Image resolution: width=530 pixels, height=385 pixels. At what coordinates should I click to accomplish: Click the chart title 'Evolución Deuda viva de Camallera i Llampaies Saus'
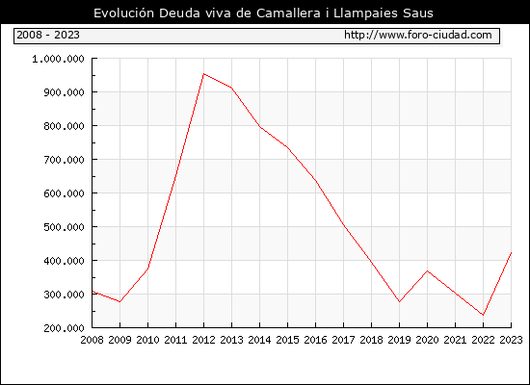point(263,13)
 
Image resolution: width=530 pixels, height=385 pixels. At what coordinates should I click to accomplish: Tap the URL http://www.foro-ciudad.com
point(418,35)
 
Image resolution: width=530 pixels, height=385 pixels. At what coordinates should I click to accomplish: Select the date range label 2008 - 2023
point(48,35)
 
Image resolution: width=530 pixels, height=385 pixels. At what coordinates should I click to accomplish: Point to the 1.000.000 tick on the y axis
point(58,59)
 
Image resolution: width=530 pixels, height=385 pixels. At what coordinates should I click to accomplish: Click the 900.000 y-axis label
point(64,92)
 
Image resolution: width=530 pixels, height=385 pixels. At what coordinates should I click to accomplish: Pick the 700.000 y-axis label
point(64,160)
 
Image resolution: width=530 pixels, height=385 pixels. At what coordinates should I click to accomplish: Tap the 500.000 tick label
point(64,227)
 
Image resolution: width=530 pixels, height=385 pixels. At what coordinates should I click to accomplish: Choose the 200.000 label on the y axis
point(64,328)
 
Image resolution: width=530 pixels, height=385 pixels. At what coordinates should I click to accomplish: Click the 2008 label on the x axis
point(92,340)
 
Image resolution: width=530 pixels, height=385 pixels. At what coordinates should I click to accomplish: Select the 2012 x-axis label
point(204,340)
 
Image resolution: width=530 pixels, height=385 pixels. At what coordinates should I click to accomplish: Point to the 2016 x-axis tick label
point(316,340)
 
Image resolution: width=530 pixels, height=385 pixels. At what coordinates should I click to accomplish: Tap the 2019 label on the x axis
point(400,340)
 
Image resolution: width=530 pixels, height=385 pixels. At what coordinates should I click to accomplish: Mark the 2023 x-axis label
point(511,340)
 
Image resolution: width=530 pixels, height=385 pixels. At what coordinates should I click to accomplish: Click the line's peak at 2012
point(204,73)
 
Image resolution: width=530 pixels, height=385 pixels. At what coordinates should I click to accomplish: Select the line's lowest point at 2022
point(484,315)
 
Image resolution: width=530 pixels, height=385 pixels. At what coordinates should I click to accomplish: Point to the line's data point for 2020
point(428,270)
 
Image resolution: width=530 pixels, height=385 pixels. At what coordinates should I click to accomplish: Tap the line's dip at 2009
point(120,301)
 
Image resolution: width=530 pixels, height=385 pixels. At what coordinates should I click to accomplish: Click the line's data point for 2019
point(400,301)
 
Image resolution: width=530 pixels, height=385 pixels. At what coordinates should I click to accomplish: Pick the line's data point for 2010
point(148,269)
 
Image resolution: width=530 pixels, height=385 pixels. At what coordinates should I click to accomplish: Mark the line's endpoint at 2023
point(511,252)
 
